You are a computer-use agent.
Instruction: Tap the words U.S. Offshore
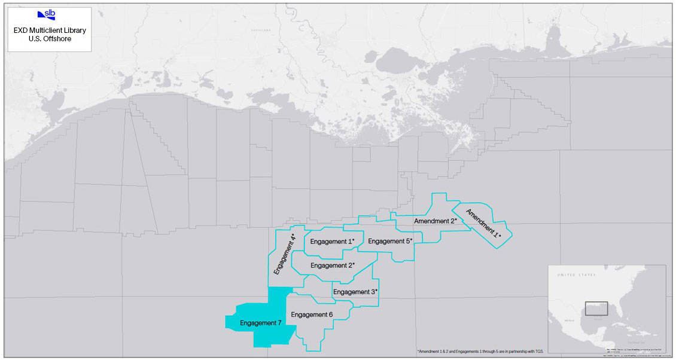pyautogui.click(x=50, y=39)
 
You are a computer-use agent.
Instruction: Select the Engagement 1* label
pyautogui.click(x=332, y=242)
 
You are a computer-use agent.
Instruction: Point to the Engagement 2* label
pyautogui.click(x=333, y=266)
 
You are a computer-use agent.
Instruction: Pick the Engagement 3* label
pyautogui.click(x=355, y=292)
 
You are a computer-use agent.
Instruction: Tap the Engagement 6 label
pyautogui.click(x=311, y=315)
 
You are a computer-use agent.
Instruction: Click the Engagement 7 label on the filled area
pyautogui.click(x=261, y=324)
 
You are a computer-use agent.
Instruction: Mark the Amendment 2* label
pyautogui.click(x=436, y=221)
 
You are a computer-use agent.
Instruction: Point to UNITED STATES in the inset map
pyautogui.click(x=577, y=274)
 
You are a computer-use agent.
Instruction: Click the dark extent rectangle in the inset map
pyautogui.click(x=596, y=309)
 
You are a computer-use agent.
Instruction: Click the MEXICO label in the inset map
pyautogui.click(x=569, y=321)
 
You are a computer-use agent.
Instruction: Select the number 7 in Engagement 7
pyautogui.click(x=279, y=324)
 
